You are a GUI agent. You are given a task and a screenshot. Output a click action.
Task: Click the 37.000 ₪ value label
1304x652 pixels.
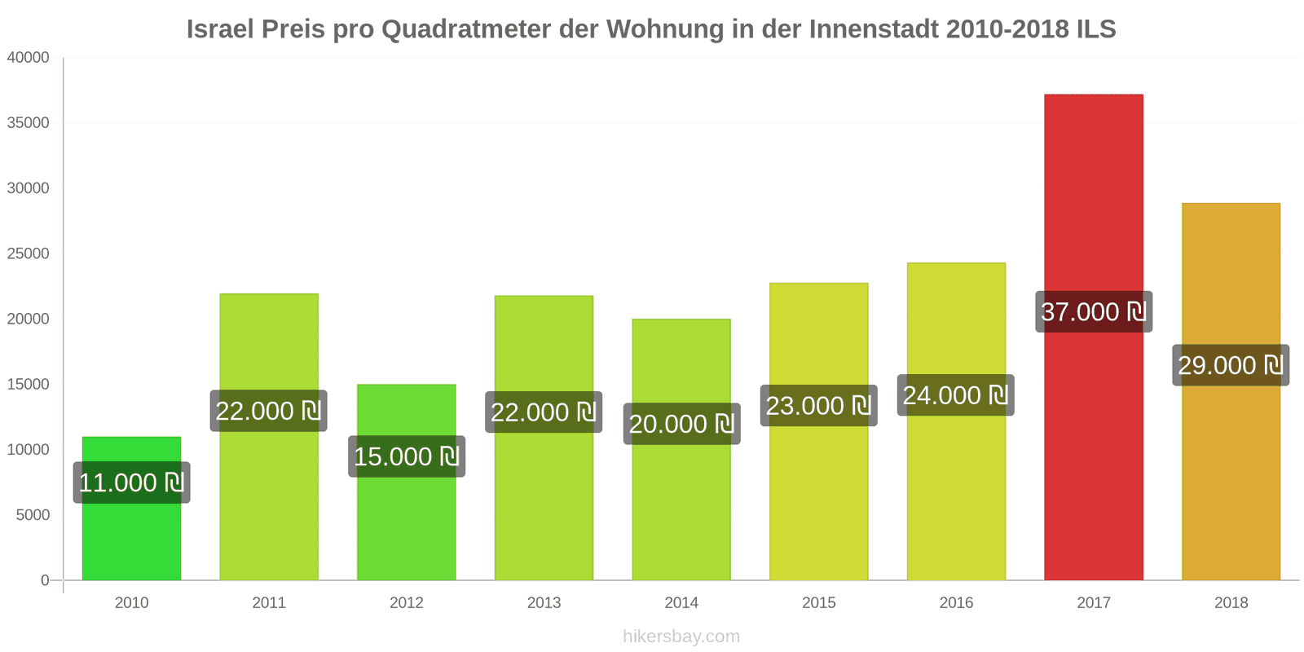[1093, 311]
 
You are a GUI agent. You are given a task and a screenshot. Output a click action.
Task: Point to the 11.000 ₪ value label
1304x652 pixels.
[131, 482]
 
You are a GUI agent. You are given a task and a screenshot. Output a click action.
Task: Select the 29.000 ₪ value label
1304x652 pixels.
[1231, 365]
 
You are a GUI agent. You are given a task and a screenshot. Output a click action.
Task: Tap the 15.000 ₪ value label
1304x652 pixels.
[406, 456]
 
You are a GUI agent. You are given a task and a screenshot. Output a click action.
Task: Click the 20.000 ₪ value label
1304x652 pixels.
[681, 424]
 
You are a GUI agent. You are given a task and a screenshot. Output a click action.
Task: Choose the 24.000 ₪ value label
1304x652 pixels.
[955, 395]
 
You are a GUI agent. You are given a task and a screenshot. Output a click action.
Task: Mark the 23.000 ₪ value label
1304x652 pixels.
[818, 406]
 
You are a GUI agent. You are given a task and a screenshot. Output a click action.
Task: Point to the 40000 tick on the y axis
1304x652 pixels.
[29, 58]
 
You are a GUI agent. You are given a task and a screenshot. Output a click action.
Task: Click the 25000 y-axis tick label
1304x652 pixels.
[29, 253]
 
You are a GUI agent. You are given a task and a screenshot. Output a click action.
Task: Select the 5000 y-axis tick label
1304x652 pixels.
[33, 515]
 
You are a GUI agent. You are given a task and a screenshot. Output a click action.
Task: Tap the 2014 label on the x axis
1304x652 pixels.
[681, 603]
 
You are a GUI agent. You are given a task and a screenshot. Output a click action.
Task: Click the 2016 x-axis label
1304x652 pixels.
[956, 603]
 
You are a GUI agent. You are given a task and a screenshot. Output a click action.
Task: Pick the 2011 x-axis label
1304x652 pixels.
[269, 603]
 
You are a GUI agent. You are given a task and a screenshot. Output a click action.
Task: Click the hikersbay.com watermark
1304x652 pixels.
[681, 637]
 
